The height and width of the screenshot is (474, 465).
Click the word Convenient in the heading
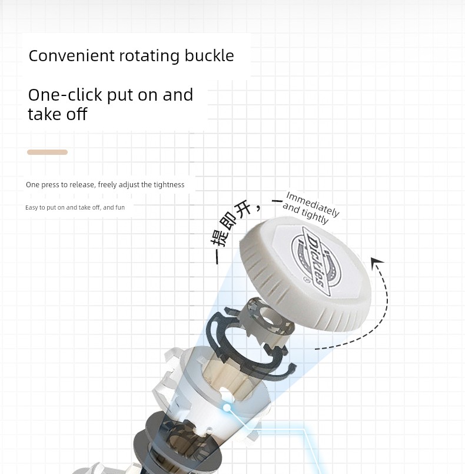(72, 55)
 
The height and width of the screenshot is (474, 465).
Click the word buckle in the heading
(209, 55)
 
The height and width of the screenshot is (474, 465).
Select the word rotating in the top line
(150, 57)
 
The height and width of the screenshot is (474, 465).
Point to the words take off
(58, 114)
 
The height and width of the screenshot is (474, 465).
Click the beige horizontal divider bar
(48, 152)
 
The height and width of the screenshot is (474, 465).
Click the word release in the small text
(82, 185)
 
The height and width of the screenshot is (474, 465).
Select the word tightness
(168, 185)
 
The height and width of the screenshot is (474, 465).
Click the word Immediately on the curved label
(313, 204)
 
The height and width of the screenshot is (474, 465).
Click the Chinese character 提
(219, 239)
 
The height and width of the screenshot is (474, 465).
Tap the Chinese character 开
(244, 209)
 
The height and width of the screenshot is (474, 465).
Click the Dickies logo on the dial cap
(316, 261)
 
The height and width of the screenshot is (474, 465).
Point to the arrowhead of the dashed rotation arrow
(377, 262)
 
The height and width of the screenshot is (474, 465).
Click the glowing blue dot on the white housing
(227, 408)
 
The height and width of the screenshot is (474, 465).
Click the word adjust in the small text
(127, 185)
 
